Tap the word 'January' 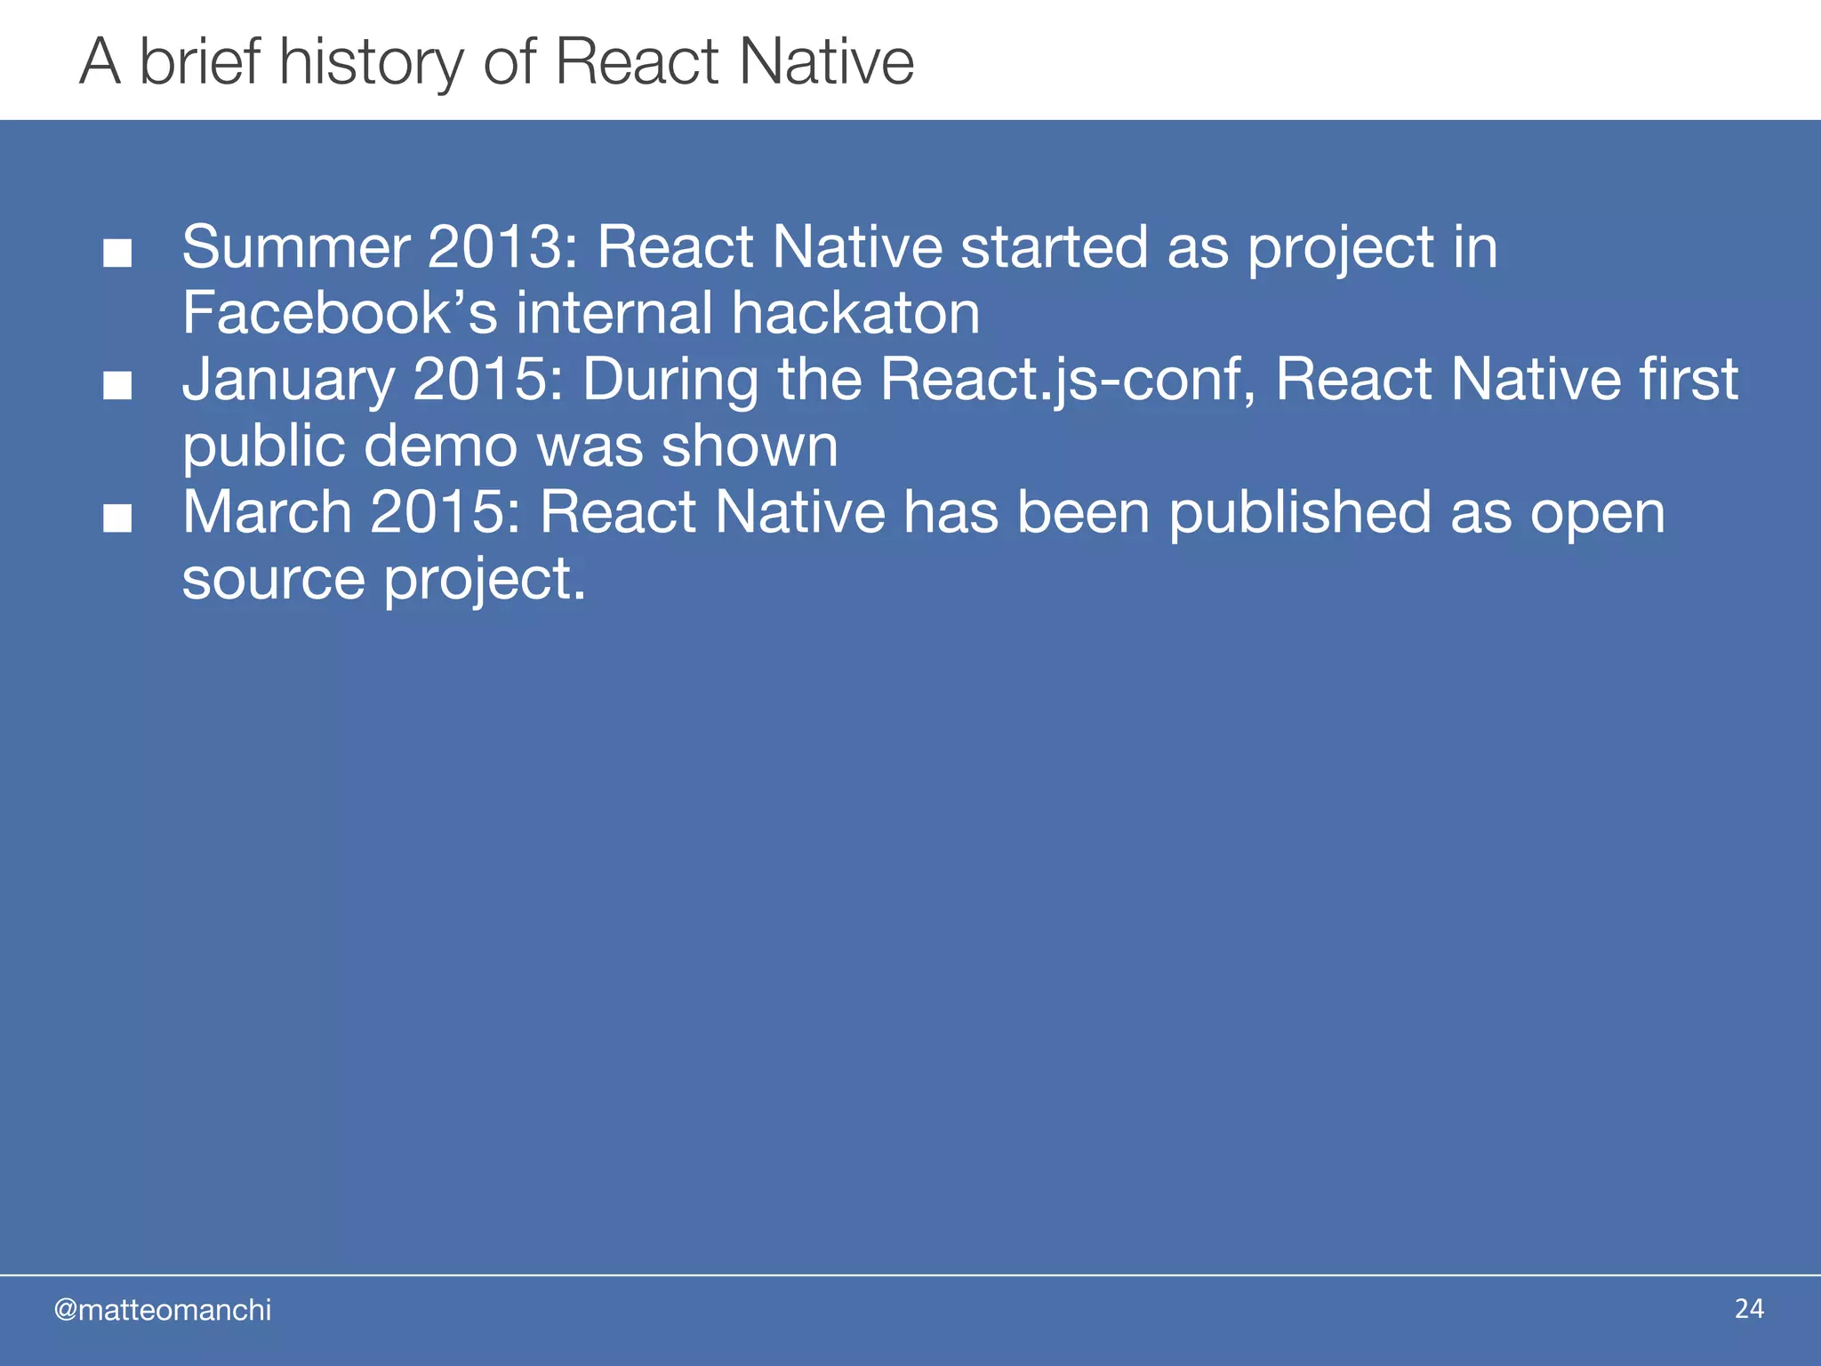click(x=289, y=380)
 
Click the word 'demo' click(x=440, y=446)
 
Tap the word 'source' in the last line click(x=273, y=580)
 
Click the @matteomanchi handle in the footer click(x=163, y=1310)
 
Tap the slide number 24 click(x=1749, y=1308)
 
